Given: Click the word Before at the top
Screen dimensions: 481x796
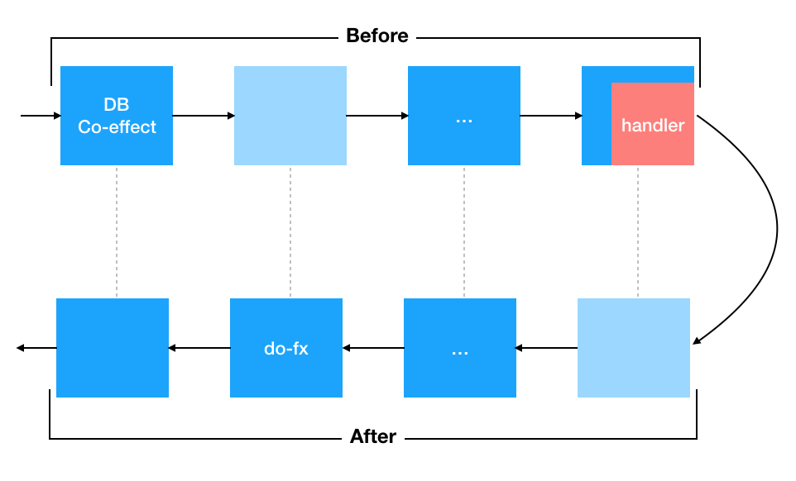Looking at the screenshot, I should pyautogui.click(x=376, y=36).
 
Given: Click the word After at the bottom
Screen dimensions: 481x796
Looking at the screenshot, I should pyautogui.click(x=373, y=436).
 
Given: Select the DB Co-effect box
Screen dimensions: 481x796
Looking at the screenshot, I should pyautogui.click(x=117, y=116).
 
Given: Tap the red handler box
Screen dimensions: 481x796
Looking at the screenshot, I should pyautogui.click(x=653, y=125).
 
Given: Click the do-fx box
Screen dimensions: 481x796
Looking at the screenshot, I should pyautogui.click(x=286, y=348).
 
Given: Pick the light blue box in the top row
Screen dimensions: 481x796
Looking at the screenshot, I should pyautogui.click(x=290, y=116).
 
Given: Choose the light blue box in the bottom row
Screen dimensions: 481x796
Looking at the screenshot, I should pyautogui.click(x=634, y=348).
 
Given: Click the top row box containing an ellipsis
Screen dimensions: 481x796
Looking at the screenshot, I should pyautogui.click(x=464, y=116).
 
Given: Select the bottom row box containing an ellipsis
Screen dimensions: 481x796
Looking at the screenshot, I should pyautogui.click(x=460, y=348).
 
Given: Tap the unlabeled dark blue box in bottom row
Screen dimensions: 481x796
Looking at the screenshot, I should pyautogui.click(x=113, y=348).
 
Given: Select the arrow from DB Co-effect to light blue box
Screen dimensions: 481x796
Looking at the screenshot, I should pyautogui.click(x=204, y=116).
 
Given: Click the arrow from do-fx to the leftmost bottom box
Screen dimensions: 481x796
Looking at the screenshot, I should pyautogui.click(x=199, y=348).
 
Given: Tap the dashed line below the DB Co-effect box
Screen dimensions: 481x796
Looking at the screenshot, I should pyautogui.click(x=117, y=231).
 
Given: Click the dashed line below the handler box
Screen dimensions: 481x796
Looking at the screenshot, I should pyautogui.click(x=638, y=231).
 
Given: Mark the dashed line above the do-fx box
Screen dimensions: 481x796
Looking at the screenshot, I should pyautogui.click(x=290, y=231).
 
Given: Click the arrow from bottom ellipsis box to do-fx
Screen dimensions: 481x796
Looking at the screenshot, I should pyautogui.click(x=373, y=348).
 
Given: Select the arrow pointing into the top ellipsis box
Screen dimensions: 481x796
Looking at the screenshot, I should pyautogui.click(x=377, y=116).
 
